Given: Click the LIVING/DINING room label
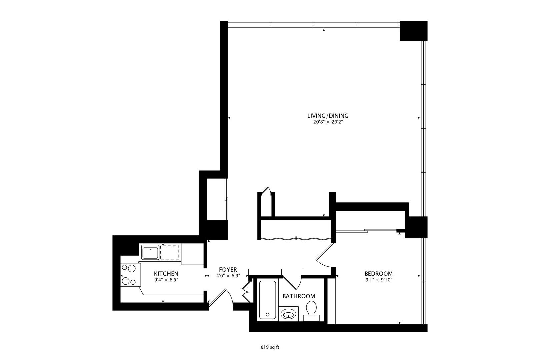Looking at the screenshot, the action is click(328, 116).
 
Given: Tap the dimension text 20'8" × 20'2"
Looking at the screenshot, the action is click(328, 122).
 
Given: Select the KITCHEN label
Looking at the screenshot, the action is click(166, 274).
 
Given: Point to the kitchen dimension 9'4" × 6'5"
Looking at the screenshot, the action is click(166, 280).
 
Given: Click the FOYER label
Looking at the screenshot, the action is click(228, 270).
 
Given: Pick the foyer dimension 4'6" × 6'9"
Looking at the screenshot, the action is click(228, 276).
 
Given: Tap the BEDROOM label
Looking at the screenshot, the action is click(378, 274).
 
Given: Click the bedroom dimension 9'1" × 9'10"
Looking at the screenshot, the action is click(378, 280).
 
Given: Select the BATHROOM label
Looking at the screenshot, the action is click(299, 296).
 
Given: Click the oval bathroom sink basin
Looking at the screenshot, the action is click(288, 315).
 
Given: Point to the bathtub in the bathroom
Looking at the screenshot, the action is click(267, 300).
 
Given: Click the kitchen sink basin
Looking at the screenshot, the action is click(150, 253).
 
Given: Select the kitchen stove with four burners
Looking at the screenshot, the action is click(131, 275).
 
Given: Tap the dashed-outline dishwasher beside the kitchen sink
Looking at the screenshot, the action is click(170, 253).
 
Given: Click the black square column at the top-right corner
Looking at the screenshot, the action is click(413, 31).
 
